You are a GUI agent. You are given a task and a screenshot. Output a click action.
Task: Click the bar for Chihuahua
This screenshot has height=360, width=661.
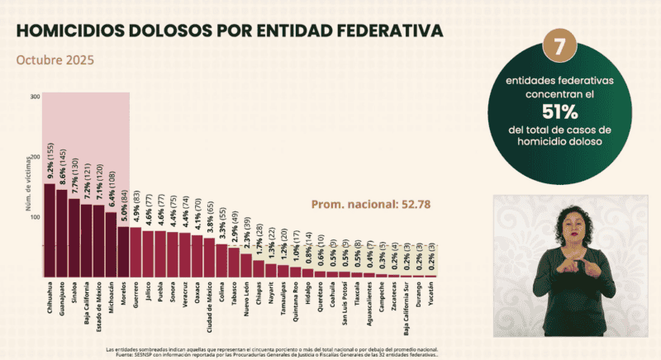click(x=49, y=230)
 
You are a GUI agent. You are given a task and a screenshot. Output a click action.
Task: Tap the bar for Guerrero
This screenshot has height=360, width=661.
click(x=136, y=253)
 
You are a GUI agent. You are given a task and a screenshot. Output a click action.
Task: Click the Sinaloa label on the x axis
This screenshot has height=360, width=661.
click(x=74, y=293)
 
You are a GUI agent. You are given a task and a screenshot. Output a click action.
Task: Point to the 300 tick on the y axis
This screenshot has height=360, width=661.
click(x=35, y=97)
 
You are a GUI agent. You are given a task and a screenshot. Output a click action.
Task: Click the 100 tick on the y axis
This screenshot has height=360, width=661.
click(x=35, y=217)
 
